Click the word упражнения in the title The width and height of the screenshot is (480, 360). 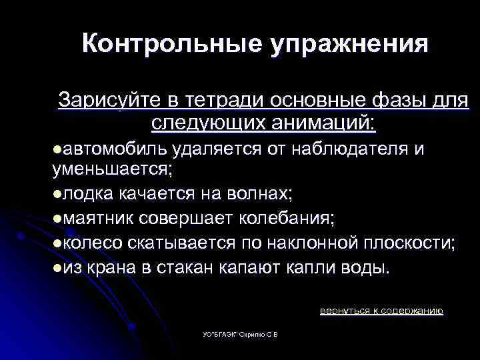(x=349, y=45)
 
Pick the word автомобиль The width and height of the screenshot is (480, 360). (x=110, y=148)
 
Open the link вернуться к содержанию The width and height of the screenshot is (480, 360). (x=381, y=311)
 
